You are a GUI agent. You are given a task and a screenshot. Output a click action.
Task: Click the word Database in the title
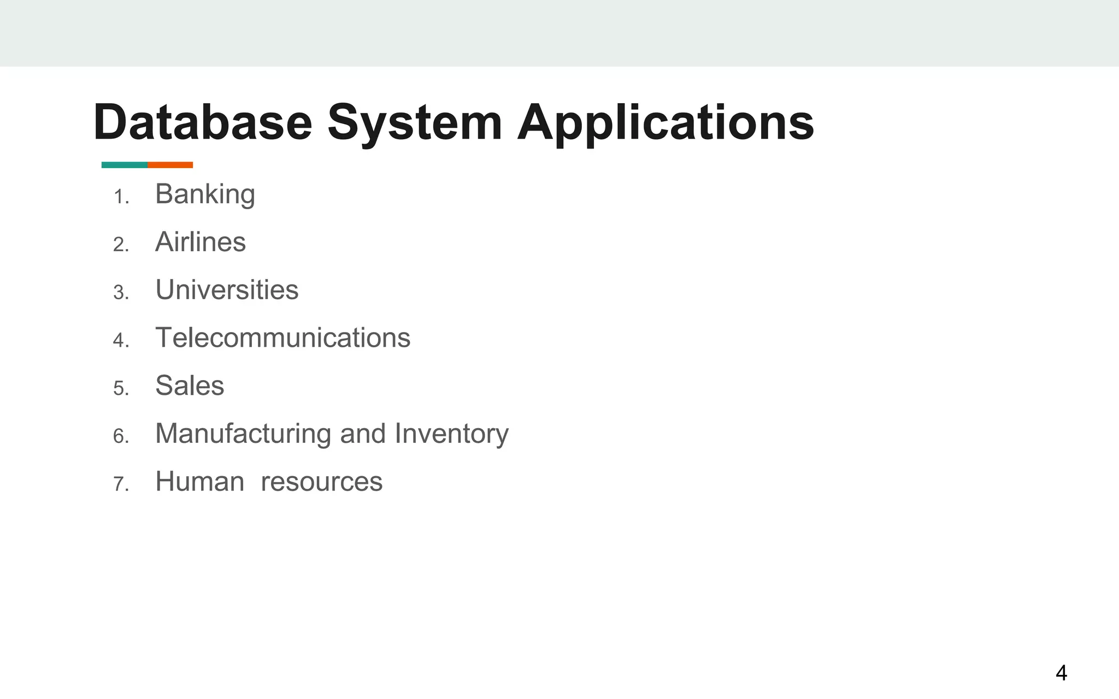(x=202, y=122)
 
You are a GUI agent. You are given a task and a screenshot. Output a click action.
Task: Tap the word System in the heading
(x=414, y=123)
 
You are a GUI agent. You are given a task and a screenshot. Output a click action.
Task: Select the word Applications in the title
(x=665, y=123)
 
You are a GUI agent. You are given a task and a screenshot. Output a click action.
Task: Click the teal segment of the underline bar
(x=125, y=165)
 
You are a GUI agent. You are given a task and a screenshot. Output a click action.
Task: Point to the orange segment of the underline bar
(x=170, y=165)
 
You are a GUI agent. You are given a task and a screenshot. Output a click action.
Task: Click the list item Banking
(x=205, y=194)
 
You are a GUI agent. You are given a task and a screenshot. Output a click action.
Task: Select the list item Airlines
(x=201, y=242)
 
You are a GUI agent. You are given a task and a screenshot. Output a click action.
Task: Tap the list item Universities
(x=227, y=290)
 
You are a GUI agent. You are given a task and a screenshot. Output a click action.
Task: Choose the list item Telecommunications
(x=282, y=337)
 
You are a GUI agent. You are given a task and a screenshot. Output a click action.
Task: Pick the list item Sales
(x=190, y=386)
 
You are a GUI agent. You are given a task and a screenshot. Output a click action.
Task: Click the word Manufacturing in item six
(x=243, y=434)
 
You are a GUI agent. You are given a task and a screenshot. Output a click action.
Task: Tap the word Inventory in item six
(x=451, y=434)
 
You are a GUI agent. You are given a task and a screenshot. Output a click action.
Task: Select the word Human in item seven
(x=199, y=482)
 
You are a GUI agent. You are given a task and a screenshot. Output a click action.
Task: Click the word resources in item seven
(x=321, y=482)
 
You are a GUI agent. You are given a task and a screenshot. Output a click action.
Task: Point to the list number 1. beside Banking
(x=121, y=197)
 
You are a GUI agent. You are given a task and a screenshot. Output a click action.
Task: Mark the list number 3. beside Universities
(x=121, y=293)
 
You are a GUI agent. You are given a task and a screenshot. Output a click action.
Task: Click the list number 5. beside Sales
(x=121, y=389)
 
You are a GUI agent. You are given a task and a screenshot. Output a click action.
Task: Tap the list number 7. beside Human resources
(x=121, y=484)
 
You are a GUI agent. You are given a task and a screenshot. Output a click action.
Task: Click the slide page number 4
(x=1061, y=673)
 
